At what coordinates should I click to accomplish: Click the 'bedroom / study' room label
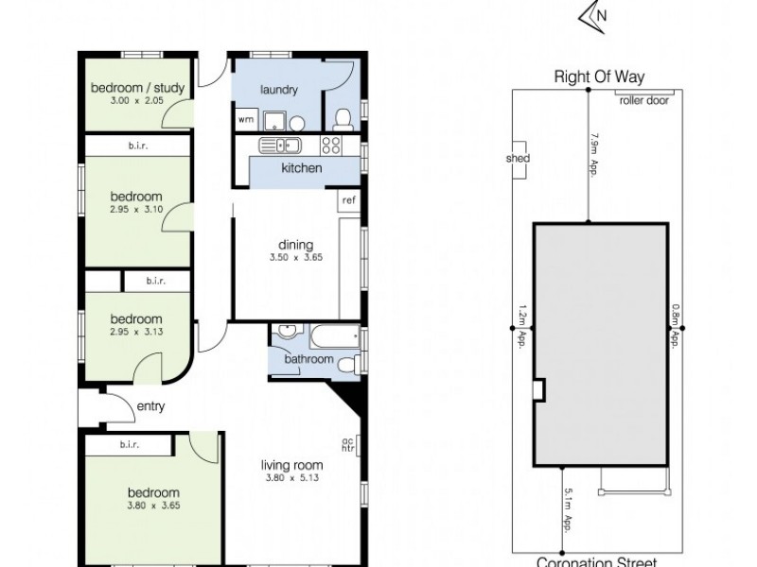point(137,89)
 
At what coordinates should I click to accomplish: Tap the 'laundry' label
point(279,91)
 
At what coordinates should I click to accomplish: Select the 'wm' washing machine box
point(245,120)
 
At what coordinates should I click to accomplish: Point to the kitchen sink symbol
point(281,146)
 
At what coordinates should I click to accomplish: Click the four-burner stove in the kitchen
point(332,146)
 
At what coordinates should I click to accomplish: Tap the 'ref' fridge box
point(349,200)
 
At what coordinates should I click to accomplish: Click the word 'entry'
point(151,407)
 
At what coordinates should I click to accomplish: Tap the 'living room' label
point(292,464)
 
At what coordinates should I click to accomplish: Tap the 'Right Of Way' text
point(594,77)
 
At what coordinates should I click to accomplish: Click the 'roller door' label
point(643,99)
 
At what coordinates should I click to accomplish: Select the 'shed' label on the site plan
point(519,159)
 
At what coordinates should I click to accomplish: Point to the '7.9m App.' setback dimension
point(595,154)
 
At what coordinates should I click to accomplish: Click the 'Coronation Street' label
point(595,560)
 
